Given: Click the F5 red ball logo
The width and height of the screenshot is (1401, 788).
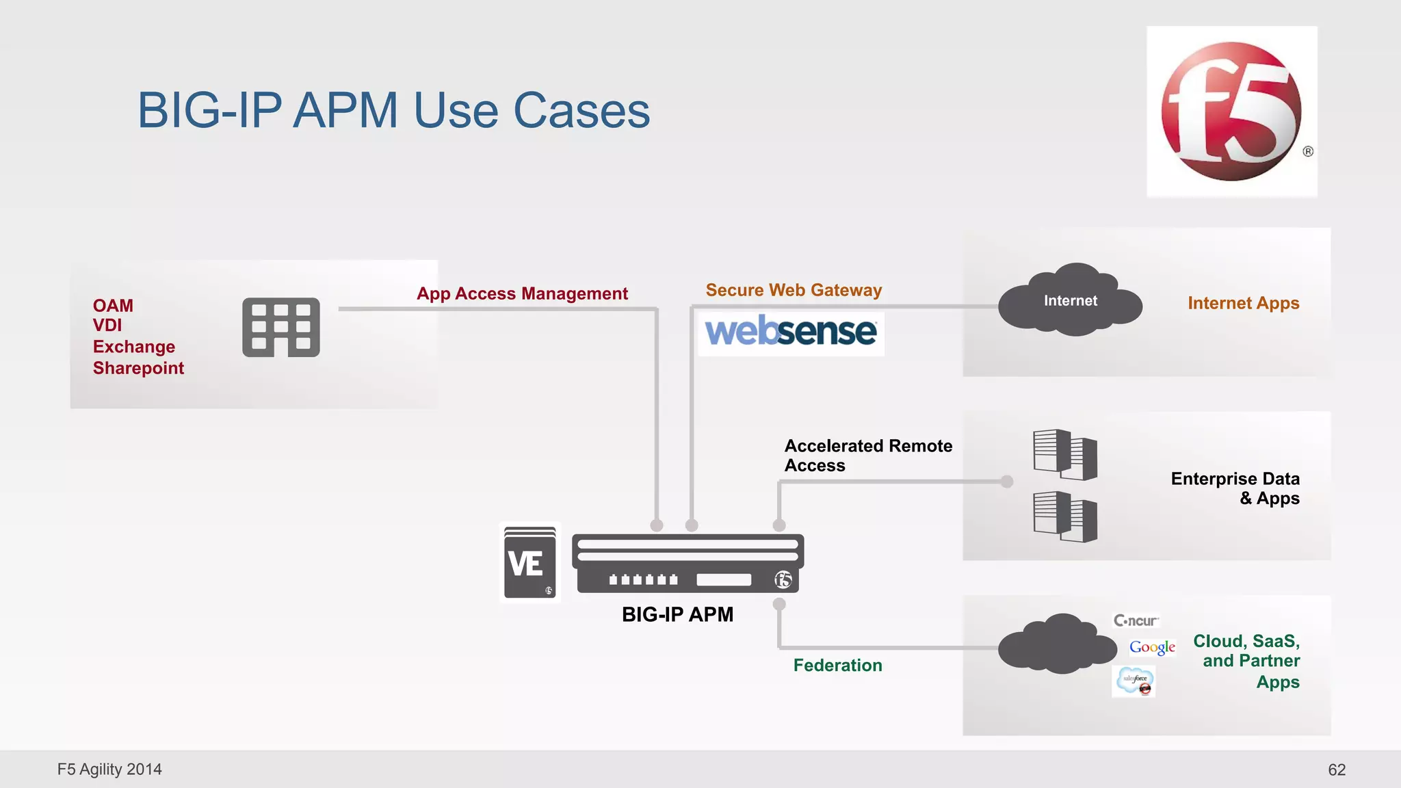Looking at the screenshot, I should (1231, 111).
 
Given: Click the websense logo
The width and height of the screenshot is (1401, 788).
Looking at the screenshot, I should (790, 332).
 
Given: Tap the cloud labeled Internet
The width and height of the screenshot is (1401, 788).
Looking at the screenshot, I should (1070, 301).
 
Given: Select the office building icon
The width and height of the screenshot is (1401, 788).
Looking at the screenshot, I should (281, 327).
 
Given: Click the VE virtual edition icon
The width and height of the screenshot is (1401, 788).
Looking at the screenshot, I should (529, 563).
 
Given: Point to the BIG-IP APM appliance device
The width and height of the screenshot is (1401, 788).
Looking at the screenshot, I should (688, 564).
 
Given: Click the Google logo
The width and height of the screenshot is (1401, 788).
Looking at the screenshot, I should (1152, 646).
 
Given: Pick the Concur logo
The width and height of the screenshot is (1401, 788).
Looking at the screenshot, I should (1136, 620).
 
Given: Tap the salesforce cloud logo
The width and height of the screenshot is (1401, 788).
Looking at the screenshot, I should (1134, 681).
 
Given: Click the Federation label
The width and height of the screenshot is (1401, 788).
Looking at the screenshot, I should (837, 665).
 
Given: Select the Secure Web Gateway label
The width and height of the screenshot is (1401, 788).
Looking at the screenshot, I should (794, 290).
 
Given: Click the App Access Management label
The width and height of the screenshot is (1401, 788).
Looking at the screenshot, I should (522, 293).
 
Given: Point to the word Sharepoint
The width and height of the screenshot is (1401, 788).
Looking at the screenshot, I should (138, 368).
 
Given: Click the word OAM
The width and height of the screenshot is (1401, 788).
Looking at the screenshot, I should (113, 305).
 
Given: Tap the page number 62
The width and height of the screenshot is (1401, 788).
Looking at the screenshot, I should (1337, 770).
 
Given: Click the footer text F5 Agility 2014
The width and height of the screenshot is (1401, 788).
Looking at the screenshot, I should (109, 769).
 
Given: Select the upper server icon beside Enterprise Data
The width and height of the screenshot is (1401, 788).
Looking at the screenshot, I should (1064, 454).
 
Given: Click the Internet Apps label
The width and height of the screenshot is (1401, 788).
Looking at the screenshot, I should (1243, 303).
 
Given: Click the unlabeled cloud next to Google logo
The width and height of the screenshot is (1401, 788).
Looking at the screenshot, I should (1056, 644).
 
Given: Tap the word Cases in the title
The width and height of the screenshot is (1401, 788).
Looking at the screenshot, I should (581, 110).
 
